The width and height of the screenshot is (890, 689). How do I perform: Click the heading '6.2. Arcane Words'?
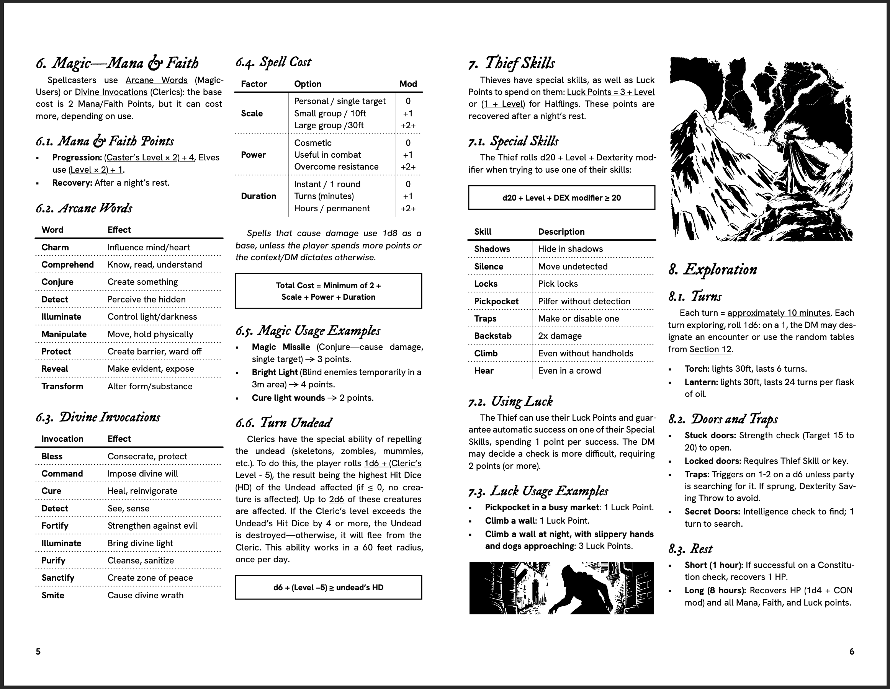pyautogui.click(x=84, y=209)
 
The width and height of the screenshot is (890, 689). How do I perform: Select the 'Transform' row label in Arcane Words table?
pyautogui.click(x=62, y=387)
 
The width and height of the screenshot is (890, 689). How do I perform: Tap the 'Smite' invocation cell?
pyautogui.click(x=52, y=595)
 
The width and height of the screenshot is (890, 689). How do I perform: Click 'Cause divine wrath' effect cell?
pyautogui.click(x=145, y=595)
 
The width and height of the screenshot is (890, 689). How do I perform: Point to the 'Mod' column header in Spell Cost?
pyautogui.click(x=407, y=84)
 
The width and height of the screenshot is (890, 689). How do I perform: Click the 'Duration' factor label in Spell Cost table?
pyautogui.click(x=258, y=196)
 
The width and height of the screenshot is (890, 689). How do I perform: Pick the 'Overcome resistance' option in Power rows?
pyautogui.click(x=336, y=167)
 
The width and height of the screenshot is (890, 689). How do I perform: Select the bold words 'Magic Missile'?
pyautogui.click(x=281, y=347)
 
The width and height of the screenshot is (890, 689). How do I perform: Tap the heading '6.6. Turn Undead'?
pyautogui.click(x=284, y=423)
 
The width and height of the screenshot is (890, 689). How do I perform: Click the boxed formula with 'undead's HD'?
pyautogui.click(x=328, y=587)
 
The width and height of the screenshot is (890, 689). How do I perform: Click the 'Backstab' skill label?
pyautogui.click(x=492, y=336)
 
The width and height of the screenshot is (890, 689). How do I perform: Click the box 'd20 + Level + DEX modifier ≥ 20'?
pyautogui.click(x=561, y=198)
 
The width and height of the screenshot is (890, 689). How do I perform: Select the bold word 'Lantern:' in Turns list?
pyautogui.click(x=701, y=382)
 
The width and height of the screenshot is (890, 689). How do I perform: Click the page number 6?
pyautogui.click(x=851, y=651)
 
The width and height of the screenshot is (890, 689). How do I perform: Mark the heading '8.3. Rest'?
pyautogui.click(x=690, y=549)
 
